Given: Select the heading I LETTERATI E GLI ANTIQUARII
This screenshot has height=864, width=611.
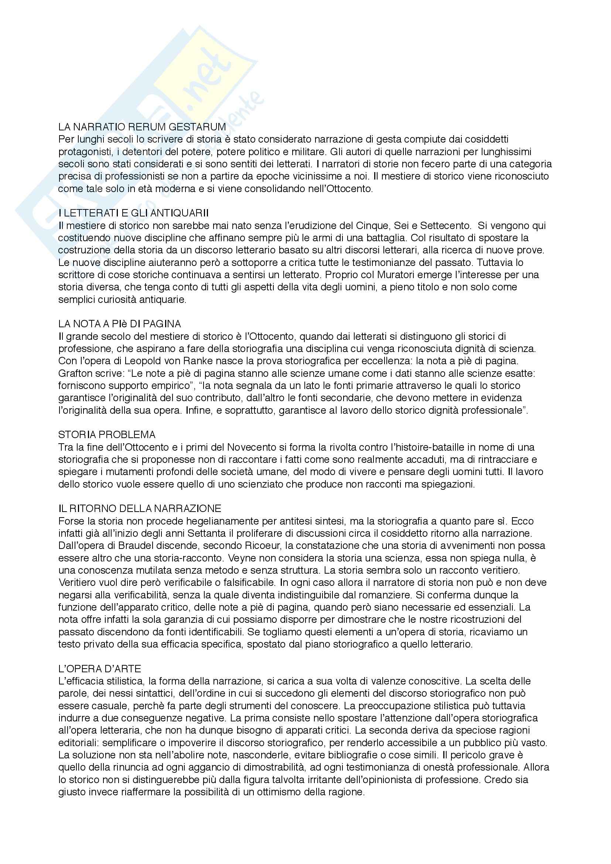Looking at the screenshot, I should (134, 213).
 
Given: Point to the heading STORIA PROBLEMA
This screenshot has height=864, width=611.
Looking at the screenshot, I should (107, 435).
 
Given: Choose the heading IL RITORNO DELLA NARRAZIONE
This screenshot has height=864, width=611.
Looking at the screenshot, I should (140, 509).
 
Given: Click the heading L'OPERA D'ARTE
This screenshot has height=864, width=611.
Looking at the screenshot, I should (100, 669).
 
